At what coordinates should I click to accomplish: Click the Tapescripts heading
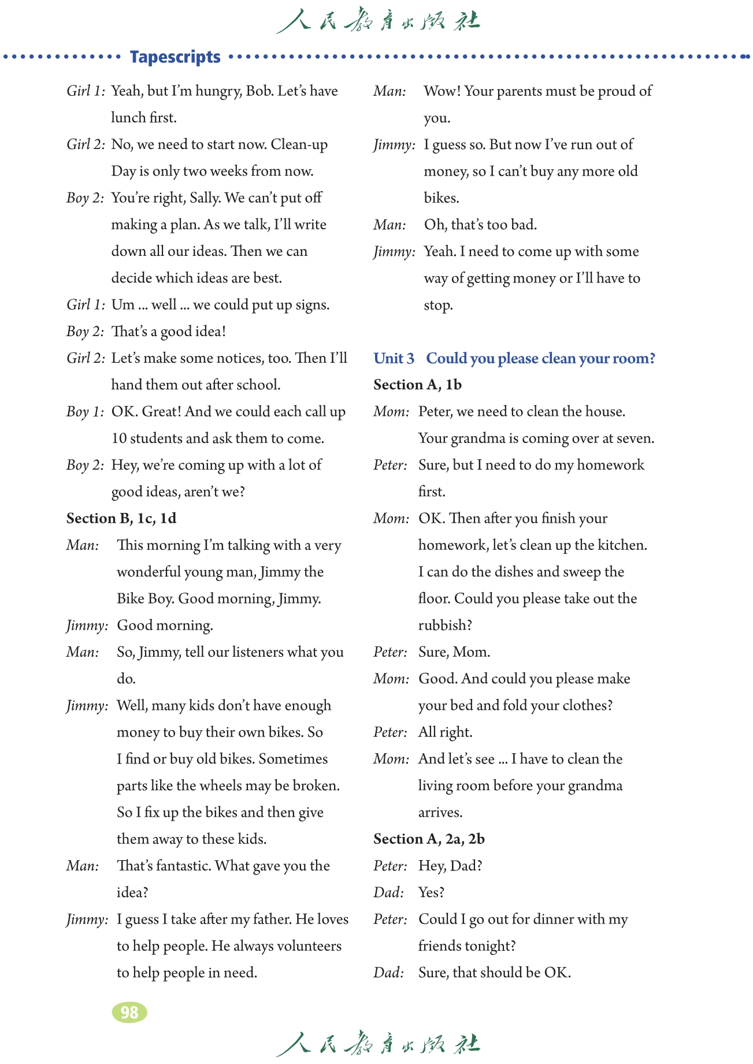click(175, 57)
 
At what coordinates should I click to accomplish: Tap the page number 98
click(129, 1012)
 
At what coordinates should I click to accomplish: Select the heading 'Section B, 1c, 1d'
click(121, 518)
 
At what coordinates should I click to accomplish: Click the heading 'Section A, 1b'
click(417, 385)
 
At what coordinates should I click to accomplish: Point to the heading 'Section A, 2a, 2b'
click(429, 839)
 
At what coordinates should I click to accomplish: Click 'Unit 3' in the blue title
click(394, 358)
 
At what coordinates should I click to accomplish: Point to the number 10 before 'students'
click(119, 438)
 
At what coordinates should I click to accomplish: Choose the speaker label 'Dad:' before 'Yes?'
click(388, 892)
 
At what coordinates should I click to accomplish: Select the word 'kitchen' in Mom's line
click(621, 545)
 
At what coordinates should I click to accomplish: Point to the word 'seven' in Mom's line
click(635, 438)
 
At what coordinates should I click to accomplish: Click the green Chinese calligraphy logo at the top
click(377, 21)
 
